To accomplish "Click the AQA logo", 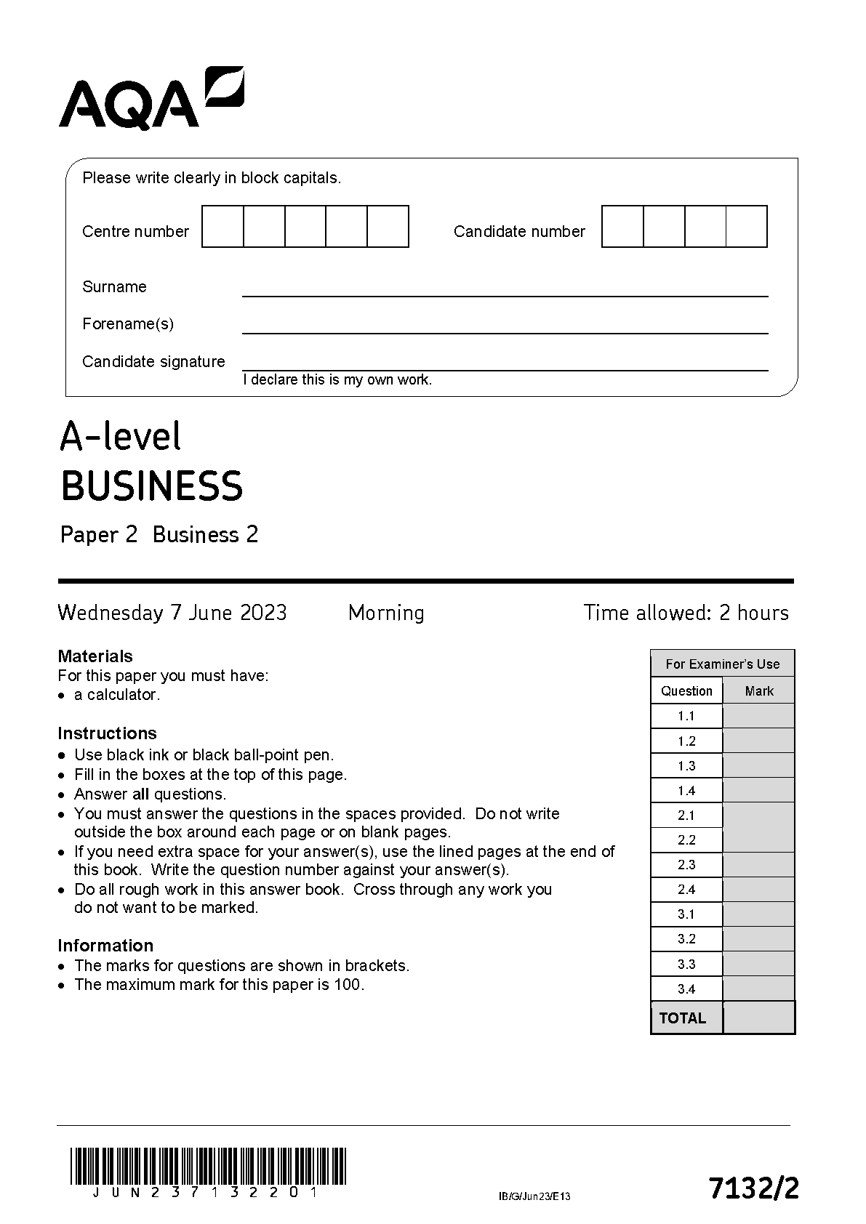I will (x=151, y=99).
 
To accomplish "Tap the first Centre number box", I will (x=222, y=226).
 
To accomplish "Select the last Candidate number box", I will (x=747, y=226).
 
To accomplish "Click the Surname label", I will (x=114, y=286).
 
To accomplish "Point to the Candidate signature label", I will (x=153, y=361).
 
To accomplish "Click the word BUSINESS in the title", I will (x=151, y=486).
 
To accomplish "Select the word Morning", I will (x=386, y=613).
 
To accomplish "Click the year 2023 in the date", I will (x=263, y=613).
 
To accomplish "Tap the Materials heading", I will (x=95, y=656).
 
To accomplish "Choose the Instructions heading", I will (x=107, y=733).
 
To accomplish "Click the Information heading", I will (x=105, y=945).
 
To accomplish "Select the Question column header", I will (x=686, y=690).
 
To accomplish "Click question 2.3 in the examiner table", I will (x=686, y=864).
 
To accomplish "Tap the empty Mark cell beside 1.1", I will (x=758, y=716).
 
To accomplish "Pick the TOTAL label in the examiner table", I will (x=682, y=1018).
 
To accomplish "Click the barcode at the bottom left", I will (x=208, y=1165).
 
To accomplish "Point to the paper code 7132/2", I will (x=754, y=1188).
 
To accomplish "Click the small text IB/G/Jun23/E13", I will (x=534, y=1196).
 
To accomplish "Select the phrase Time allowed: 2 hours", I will (x=686, y=613).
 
